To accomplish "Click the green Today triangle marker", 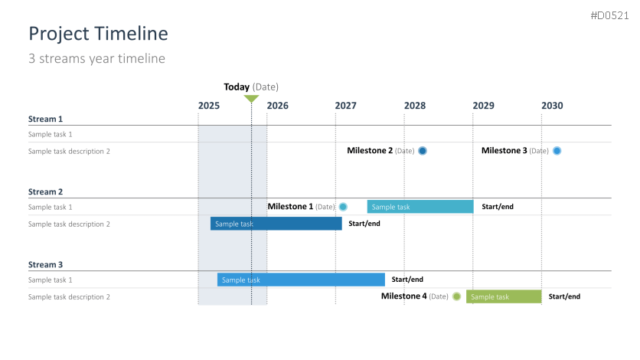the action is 251,98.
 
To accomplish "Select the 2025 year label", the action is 209,106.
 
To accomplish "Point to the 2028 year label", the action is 415,106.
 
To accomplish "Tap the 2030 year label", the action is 552,106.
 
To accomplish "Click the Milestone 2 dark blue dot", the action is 423,151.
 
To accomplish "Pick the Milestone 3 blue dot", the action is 557,151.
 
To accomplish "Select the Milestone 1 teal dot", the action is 343,207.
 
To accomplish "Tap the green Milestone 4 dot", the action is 457,296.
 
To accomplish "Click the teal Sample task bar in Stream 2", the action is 420,207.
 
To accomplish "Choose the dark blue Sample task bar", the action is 276,224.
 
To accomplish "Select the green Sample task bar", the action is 504,296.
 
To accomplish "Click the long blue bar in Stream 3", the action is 301,280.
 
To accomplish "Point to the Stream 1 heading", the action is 45,119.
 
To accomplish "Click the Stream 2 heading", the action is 45,191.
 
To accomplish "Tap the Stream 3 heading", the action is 45,265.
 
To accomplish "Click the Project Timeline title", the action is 98,34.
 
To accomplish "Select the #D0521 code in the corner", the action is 610,15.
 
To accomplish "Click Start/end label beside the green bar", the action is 564,296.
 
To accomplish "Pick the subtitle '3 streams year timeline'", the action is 96,59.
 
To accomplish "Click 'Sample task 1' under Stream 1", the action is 51,134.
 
